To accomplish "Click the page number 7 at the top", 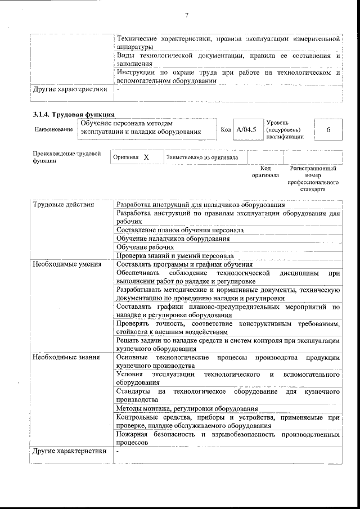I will [x=186, y=15].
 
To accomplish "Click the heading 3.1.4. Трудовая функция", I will [x=70, y=115].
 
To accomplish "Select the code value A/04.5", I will [x=246, y=130].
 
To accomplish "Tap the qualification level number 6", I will [x=328, y=129].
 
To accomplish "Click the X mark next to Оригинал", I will [x=146, y=158].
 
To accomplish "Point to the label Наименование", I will [x=54, y=130].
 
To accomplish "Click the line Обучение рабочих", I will [x=145, y=247].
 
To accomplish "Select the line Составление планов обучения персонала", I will [x=180, y=230].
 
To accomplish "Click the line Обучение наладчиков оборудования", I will [x=173, y=238].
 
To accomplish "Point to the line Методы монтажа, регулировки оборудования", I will [x=187, y=408].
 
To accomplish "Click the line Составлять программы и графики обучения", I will [x=184, y=264].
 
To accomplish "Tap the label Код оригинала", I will [x=265, y=172].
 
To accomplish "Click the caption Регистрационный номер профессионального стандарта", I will [x=313, y=179].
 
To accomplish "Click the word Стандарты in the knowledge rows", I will [x=133, y=391].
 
